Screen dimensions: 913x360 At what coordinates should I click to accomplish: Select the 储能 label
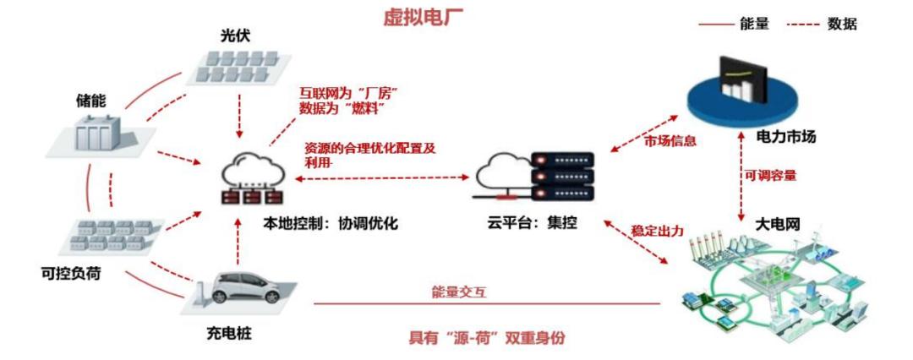coord(91,102)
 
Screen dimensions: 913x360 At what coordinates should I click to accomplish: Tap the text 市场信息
coord(670,141)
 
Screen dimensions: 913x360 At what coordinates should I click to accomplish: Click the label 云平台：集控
coord(533,222)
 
